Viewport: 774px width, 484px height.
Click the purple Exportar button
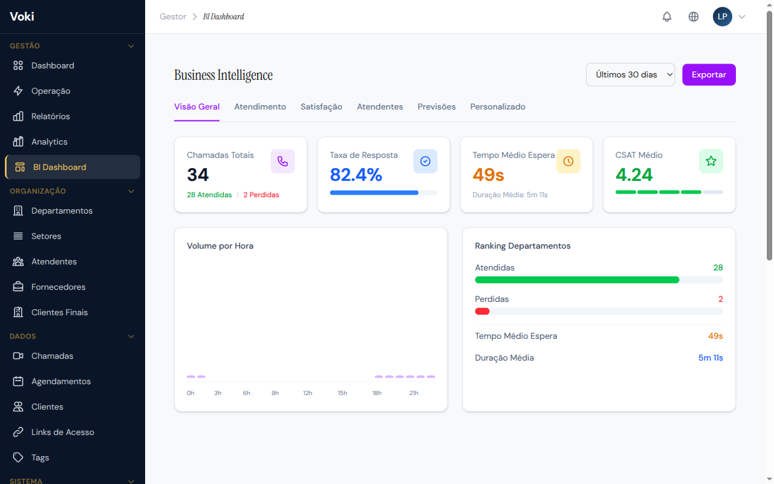709,74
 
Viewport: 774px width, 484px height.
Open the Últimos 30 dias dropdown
630,74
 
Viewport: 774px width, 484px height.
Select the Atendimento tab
260,106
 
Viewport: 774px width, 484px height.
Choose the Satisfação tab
321,106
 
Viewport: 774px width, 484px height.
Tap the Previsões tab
437,106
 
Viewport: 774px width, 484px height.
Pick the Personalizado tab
498,106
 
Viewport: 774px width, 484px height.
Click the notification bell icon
667,17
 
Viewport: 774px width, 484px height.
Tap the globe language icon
694,17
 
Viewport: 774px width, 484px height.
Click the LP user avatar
722,17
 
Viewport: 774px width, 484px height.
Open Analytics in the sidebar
49,142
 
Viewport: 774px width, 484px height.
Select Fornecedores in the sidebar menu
58,287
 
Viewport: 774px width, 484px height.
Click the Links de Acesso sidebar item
62,432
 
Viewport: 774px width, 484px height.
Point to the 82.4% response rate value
356,175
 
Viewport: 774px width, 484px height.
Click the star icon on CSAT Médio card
711,161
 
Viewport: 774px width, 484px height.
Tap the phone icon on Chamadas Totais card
282,161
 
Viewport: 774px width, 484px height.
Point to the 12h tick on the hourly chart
308,393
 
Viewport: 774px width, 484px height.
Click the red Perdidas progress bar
483,311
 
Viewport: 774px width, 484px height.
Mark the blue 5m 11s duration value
711,358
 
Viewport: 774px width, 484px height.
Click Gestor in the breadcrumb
173,17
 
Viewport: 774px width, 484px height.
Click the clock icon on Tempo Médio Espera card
568,161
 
